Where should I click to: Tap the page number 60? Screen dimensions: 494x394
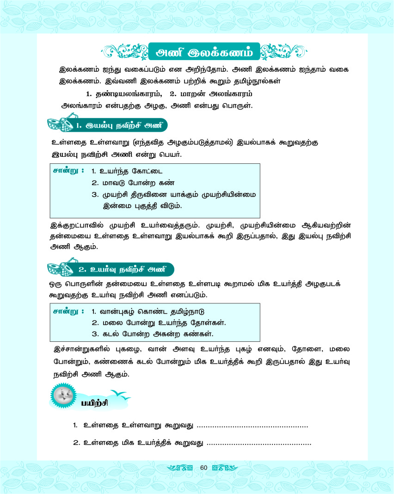click(203, 468)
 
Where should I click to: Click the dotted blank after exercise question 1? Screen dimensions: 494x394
click(252, 425)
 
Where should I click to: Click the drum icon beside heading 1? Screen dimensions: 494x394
click(61, 125)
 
